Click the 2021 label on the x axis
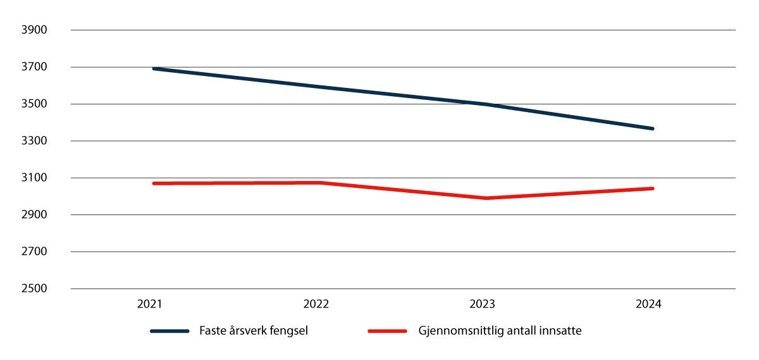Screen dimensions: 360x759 pos(150,304)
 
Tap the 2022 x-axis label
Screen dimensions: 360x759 pos(316,304)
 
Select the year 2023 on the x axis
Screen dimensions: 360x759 pos(483,304)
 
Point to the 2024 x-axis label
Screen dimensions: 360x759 pos(649,304)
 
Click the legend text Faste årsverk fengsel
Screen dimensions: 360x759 pos(253,331)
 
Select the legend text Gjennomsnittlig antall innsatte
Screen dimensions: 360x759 pos(500,331)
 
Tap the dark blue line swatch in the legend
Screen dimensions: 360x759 pos(170,331)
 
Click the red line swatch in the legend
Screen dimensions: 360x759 pos(386,331)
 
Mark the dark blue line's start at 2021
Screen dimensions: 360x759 pos(154,68)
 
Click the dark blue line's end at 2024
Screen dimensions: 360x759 pos(652,128)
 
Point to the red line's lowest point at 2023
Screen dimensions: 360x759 pos(486,198)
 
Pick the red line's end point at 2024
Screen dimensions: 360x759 pos(652,189)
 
